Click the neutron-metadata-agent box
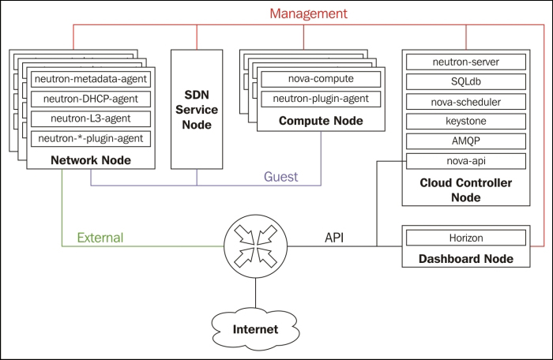(x=91, y=79)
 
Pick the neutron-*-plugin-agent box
(x=91, y=138)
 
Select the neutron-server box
(x=465, y=62)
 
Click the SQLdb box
(x=465, y=81)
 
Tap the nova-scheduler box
(x=465, y=101)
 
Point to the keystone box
(x=465, y=122)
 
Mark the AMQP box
(x=465, y=141)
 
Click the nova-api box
(x=465, y=161)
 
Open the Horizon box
(x=465, y=238)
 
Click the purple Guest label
(x=280, y=177)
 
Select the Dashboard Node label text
(x=465, y=258)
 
